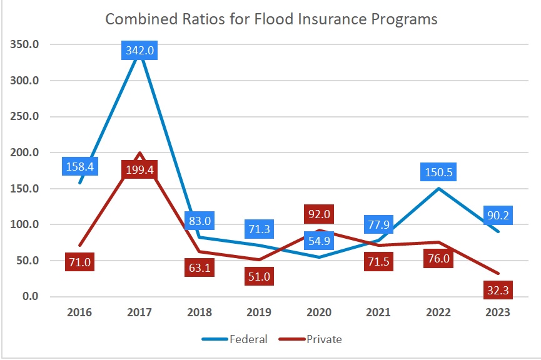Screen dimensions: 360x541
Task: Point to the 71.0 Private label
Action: [x=80, y=262]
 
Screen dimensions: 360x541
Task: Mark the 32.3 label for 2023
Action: [x=499, y=290]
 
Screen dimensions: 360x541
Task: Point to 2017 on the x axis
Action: [x=139, y=312]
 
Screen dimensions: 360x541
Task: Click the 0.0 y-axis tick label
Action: [x=30, y=296]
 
